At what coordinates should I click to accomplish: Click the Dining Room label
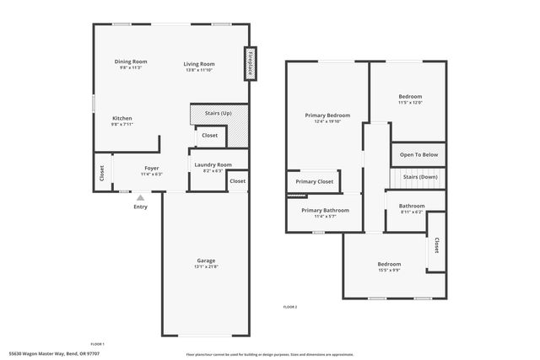132,62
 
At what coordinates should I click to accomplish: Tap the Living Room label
200,64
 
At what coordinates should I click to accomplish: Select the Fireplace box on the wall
251,63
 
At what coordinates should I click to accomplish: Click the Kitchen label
121,118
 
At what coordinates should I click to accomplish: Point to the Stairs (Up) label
219,112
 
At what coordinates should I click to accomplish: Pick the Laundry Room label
213,164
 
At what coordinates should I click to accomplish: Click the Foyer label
151,168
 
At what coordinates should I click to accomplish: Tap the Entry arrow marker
140,197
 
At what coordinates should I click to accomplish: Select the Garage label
206,261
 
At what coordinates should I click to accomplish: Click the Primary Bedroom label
327,116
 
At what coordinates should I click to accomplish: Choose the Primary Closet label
314,181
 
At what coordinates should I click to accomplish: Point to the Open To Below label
418,155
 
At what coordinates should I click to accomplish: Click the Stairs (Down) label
419,177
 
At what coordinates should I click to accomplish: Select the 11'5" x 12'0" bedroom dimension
410,103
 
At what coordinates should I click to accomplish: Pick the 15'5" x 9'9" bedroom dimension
389,271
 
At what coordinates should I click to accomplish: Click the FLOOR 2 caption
290,306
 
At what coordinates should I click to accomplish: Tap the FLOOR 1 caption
97,344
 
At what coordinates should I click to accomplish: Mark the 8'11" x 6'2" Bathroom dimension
412,212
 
